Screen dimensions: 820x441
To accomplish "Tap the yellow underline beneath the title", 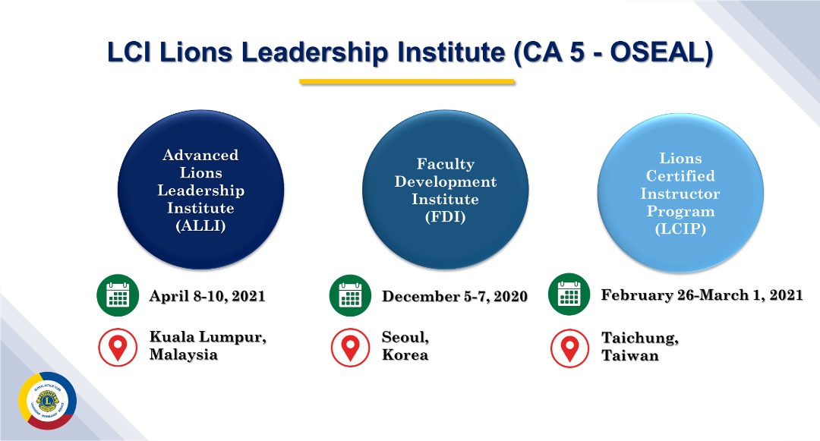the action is tap(407, 81).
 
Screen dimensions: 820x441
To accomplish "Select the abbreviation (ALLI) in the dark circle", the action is tap(200, 225).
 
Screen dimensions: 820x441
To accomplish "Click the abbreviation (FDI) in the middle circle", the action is tap(445, 217).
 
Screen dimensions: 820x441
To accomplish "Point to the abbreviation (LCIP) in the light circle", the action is tap(680, 229).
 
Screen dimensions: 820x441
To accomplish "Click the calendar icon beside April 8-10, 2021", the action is tap(118, 295).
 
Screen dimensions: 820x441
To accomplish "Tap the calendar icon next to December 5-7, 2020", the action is tap(350, 295).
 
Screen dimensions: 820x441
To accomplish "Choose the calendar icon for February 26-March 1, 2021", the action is tap(569, 295).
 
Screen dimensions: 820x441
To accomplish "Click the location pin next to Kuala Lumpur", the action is tap(118, 347).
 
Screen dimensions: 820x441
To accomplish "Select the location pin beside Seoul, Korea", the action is tap(350, 347).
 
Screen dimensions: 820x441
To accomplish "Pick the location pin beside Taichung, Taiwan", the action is tap(569, 348).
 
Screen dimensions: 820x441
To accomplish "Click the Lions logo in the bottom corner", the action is tap(48, 401).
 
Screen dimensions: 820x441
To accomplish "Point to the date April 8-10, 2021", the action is tap(207, 296).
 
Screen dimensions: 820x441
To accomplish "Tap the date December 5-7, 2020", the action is tap(455, 296).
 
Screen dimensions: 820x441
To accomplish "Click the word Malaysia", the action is tap(184, 354).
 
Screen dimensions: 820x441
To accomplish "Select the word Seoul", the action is tap(405, 337).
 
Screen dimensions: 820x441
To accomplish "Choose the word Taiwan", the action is tap(630, 356).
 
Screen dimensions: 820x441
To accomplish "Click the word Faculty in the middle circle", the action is tap(446, 165).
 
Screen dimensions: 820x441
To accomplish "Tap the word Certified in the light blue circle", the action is tap(680, 175).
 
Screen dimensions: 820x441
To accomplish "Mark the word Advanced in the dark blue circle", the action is tap(200, 155).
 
